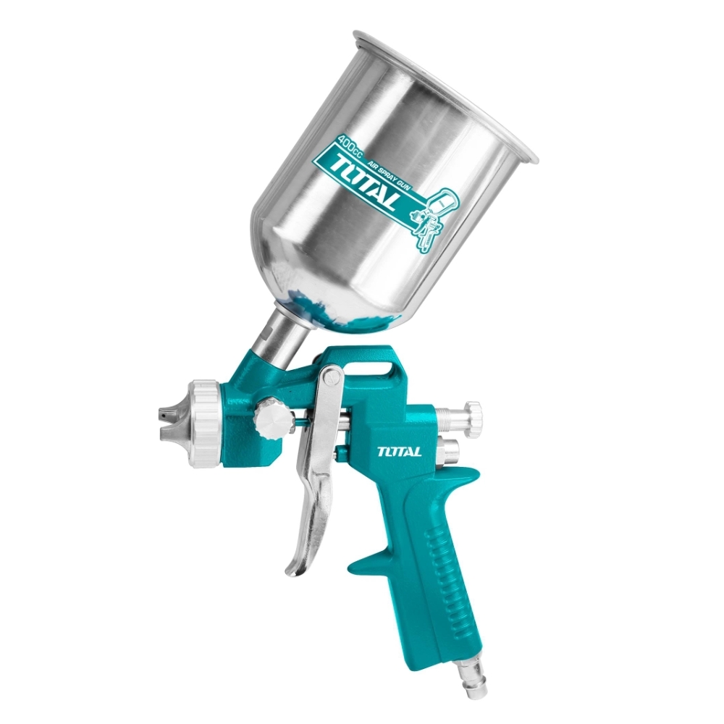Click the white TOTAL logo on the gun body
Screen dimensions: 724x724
399,450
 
